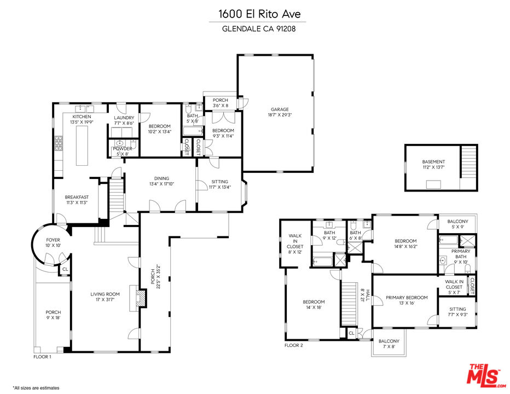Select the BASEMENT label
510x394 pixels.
point(433,162)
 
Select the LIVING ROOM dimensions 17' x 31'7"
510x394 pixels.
point(105,300)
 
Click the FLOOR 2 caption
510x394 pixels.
point(293,345)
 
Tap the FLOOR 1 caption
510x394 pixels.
point(42,357)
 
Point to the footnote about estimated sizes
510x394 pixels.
point(36,387)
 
